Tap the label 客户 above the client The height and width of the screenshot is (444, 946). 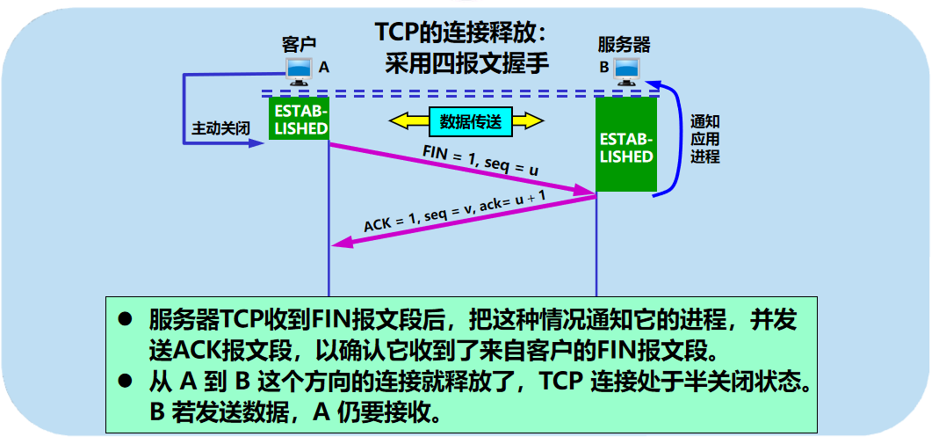click(x=299, y=44)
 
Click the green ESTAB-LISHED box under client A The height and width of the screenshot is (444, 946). click(x=299, y=120)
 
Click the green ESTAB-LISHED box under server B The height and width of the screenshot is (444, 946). click(x=626, y=145)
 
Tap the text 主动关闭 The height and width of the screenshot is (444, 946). click(x=221, y=128)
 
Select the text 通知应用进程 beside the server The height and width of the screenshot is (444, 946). click(x=704, y=139)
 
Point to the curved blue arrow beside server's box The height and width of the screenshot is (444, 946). click(x=679, y=141)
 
